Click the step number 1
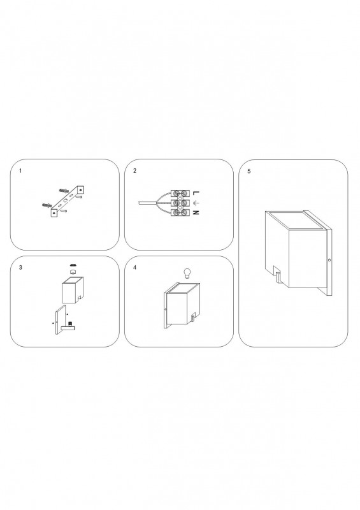pos(20,171)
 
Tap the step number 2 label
pos(134,171)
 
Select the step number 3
pos(20,268)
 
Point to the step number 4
pos(134,268)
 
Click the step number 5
pos(249,171)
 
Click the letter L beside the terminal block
pos(195,193)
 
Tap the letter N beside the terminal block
pos(195,213)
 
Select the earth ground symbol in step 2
pos(195,203)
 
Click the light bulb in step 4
pos(187,273)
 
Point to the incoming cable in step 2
pos(147,203)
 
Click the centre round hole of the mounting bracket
pos(66,200)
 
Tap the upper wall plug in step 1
pos(64,190)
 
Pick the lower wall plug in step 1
pos(47,205)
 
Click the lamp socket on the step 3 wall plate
pos(71,324)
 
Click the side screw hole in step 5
pos(329,260)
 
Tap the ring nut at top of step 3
pos(73,265)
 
